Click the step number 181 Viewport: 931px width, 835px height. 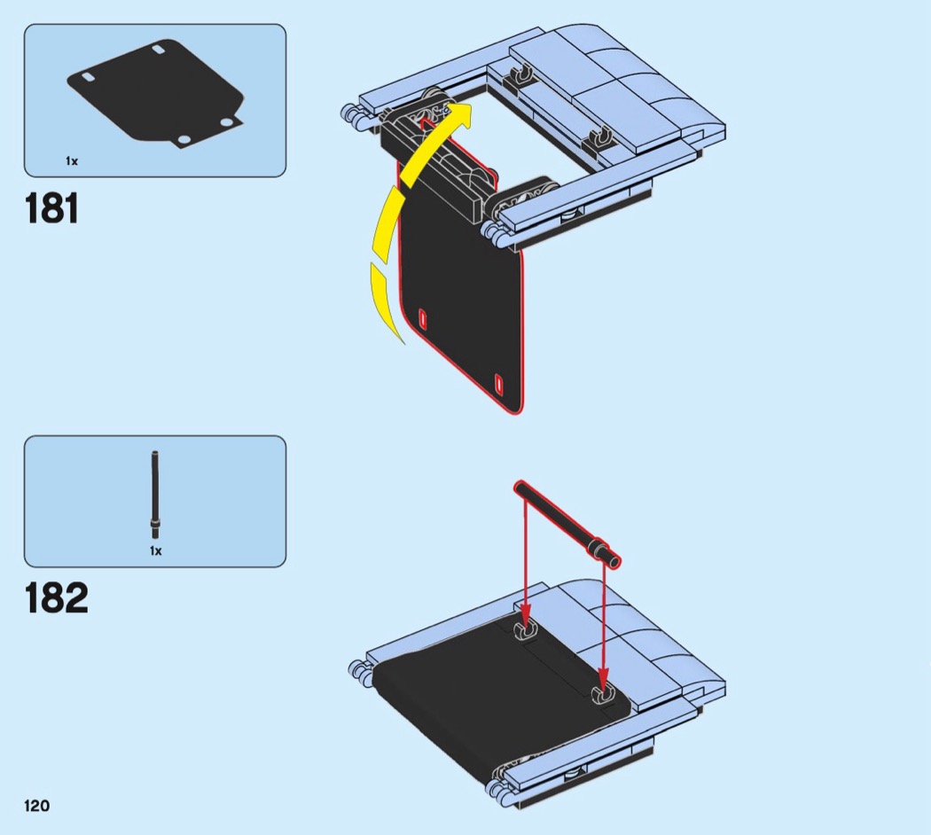pos(52,208)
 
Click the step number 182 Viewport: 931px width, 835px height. pos(57,598)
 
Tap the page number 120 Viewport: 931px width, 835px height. pos(37,806)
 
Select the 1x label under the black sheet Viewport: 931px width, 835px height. pos(72,161)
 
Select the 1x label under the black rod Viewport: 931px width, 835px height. pos(156,550)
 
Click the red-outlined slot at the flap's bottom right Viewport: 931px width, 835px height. pos(497,385)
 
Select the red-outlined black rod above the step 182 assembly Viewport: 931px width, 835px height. pos(567,522)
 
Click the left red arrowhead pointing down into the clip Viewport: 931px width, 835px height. pos(525,619)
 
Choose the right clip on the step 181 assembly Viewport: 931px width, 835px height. pos(601,137)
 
